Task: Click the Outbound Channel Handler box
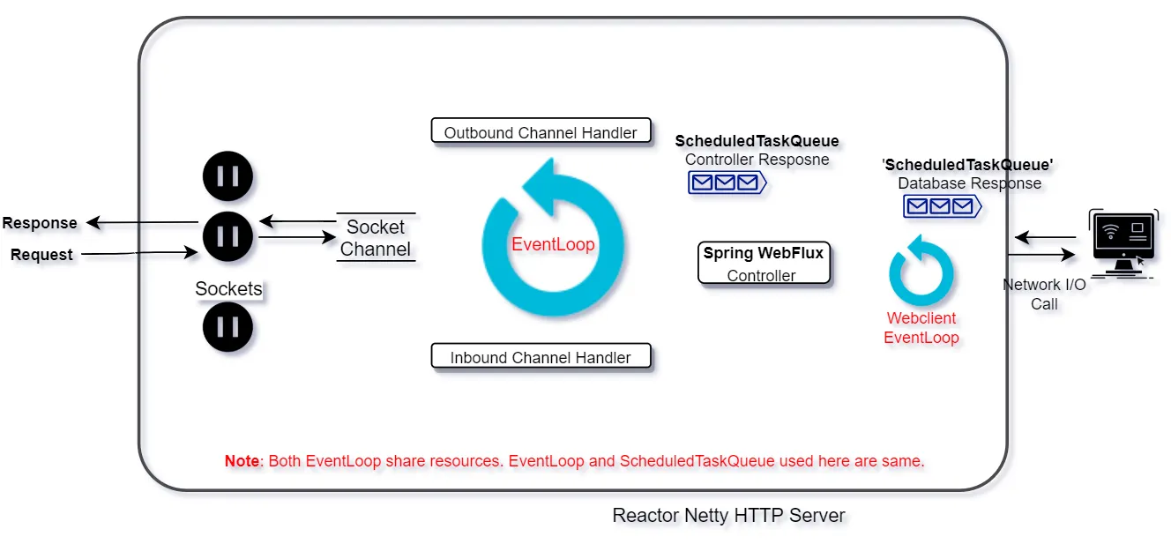(x=541, y=132)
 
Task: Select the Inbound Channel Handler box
(x=541, y=357)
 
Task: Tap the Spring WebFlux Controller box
(x=763, y=264)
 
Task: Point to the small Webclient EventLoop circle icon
(x=921, y=273)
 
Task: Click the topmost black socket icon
(x=227, y=176)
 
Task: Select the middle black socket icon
(x=227, y=235)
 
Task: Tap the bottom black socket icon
(x=227, y=327)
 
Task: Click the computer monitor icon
(x=1123, y=240)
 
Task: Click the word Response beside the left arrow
(x=40, y=223)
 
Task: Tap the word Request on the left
(x=41, y=255)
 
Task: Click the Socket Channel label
(x=376, y=238)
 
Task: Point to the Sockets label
(x=228, y=288)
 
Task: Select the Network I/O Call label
(x=1044, y=294)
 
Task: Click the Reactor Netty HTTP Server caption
(x=728, y=515)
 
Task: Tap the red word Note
(x=242, y=461)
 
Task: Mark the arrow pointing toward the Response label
(x=141, y=223)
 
